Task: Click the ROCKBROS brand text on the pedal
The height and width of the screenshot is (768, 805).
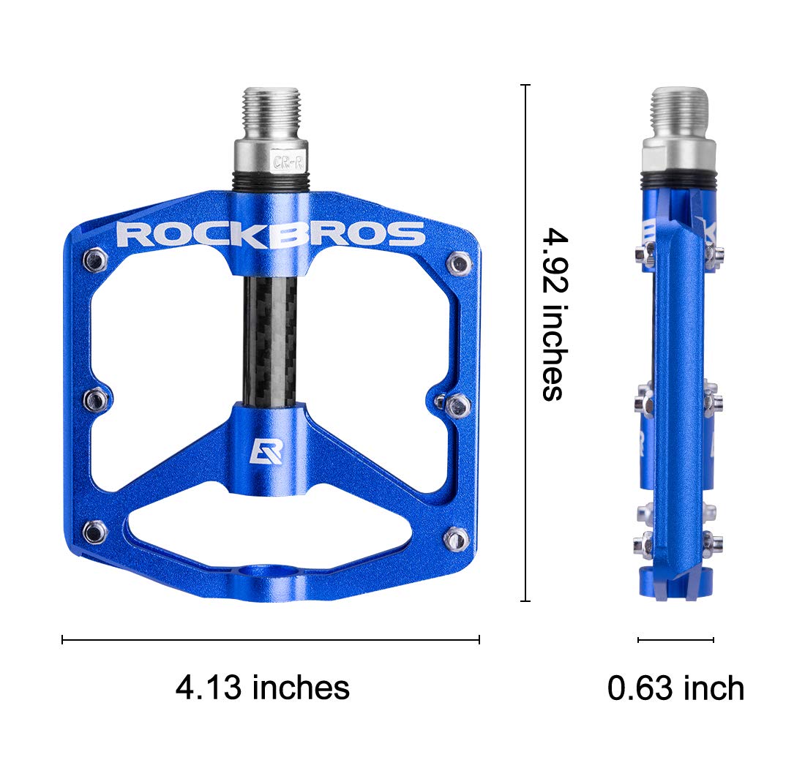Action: (x=271, y=235)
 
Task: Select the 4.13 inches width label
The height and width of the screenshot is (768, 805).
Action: (x=263, y=688)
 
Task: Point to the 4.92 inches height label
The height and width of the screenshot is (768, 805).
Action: (x=554, y=315)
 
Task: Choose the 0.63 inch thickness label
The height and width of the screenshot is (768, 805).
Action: (x=675, y=688)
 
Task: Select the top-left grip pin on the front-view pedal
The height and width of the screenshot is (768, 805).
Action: (x=95, y=257)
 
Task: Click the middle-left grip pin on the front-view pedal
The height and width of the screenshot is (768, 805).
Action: (x=96, y=399)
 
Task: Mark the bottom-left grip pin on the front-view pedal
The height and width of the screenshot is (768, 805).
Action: (x=94, y=532)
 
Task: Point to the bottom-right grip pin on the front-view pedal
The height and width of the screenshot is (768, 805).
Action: (x=456, y=538)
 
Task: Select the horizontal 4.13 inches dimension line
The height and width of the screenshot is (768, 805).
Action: (x=271, y=640)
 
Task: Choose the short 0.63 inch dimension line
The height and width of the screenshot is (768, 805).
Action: (x=675, y=640)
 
